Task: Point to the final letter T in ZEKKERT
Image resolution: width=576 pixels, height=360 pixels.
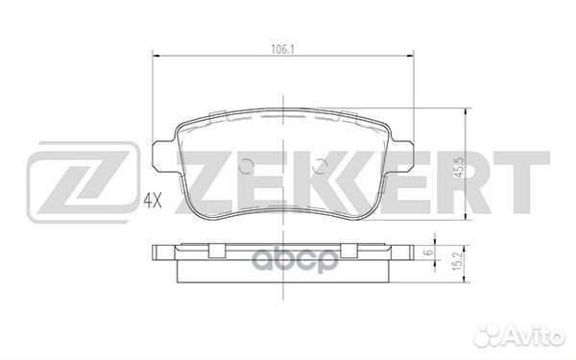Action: (523, 182)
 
